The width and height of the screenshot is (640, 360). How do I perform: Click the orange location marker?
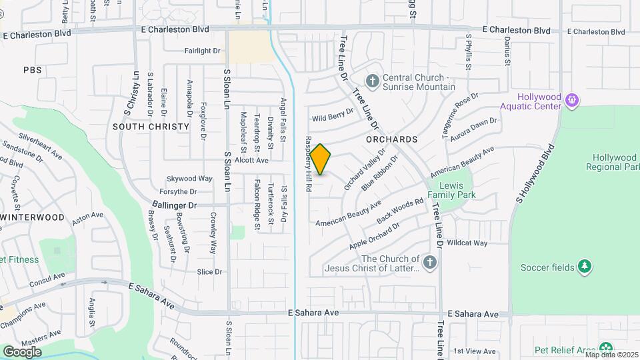click(x=321, y=159)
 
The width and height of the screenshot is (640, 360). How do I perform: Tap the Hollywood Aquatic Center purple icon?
click(x=571, y=100)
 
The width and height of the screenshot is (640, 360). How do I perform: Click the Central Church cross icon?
click(x=372, y=82)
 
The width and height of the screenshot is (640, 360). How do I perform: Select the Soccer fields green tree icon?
click(x=585, y=267)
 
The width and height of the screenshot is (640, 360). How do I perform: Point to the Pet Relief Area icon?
click(x=605, y=349)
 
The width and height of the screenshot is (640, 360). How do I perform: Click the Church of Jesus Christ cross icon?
click(x=429, y=262)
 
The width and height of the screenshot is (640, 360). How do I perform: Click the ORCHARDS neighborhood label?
click(x=391, y=139)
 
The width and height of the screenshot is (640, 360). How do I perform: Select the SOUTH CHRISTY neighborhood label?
click(x=142, y=126)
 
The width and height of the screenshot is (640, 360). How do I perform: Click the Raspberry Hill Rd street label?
click(x=309, y=165)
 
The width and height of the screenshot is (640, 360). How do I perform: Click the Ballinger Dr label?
click(x=174, y=205)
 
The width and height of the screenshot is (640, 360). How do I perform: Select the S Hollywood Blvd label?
click(x=534, y=173)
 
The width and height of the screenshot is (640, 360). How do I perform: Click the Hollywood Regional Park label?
click(x=611, y=162)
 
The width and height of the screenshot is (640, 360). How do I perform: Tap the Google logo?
click(x=22, y=351)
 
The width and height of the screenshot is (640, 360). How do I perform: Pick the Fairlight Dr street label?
click(x=203, y=51)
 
